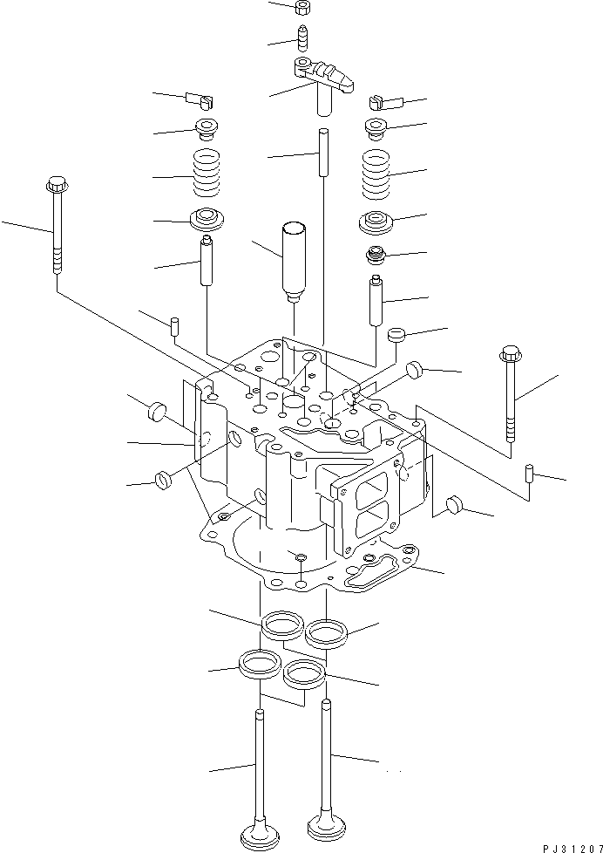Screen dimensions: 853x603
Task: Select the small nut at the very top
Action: [305, 9]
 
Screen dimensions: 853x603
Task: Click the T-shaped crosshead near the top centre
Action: [324, 78]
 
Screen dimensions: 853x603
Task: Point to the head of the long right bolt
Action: [510, 355]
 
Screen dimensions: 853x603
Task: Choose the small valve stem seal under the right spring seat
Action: [376, 257]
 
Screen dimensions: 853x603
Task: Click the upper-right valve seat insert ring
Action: [326, 630]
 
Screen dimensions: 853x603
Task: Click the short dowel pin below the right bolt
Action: [529, 474]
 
